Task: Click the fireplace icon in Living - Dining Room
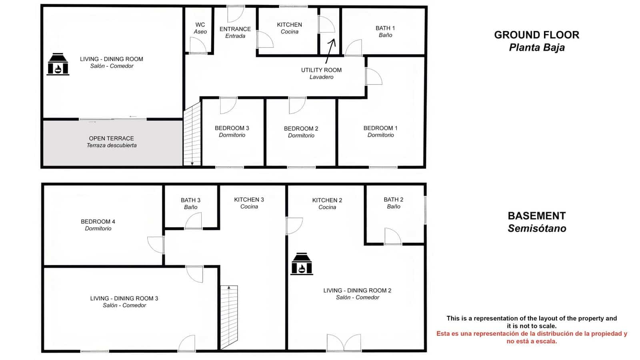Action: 58,64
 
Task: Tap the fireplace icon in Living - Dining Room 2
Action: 302,264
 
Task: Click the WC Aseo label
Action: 200,28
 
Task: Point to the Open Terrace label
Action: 112,142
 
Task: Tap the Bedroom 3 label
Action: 232,131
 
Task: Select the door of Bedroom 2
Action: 297,105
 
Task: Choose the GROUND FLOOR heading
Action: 536,35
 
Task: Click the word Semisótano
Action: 537,228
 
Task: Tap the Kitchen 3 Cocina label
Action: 249,203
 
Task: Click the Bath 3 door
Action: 194,221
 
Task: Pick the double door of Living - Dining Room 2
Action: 344,343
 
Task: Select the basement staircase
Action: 229,316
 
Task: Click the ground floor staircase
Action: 192,134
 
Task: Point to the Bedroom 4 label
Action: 98,225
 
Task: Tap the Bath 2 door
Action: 393,236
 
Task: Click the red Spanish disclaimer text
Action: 532,337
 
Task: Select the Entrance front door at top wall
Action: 235,14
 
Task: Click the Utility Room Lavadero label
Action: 321,73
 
